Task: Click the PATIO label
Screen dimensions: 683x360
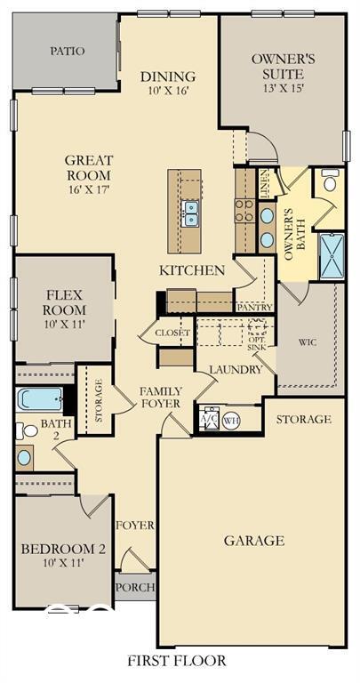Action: click(68, 51)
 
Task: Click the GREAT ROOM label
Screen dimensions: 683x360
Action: click(89, 169)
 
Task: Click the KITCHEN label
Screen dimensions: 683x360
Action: click(191, 270)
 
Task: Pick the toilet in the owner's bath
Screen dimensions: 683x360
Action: click(330, 182)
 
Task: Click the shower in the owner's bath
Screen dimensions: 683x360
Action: click(330, 255)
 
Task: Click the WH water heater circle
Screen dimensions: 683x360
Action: click(230, 421)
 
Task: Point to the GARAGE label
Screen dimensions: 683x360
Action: click(254, 540)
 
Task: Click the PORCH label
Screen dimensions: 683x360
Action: click(135, 587)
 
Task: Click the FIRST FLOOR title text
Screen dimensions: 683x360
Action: click(176, 661)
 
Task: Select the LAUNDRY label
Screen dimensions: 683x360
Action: click(236, 369)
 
